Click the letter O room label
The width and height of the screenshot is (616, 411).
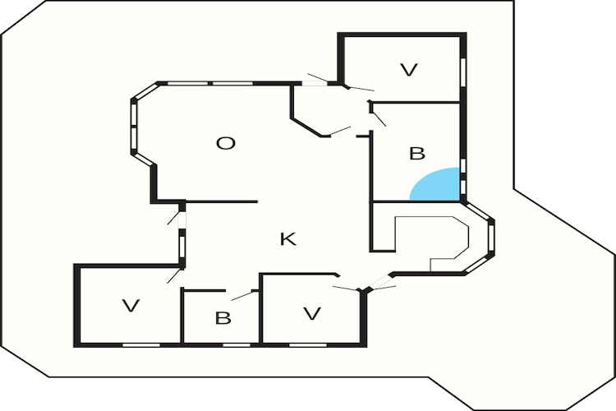[x=226, y=143]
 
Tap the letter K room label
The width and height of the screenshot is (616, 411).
[x=288, y=238]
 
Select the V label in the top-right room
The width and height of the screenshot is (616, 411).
[x=408, y=70]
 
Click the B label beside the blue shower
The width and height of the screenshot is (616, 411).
[x=417, y=154]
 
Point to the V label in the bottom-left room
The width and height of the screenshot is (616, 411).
[x=131, y=306]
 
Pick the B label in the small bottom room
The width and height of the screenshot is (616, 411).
[x=223, y=318]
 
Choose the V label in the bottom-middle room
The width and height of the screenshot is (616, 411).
[x=312, y=313]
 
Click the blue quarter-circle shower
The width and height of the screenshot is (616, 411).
[x=434, y=184]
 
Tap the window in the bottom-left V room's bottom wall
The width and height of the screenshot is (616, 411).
[x=141, y=345]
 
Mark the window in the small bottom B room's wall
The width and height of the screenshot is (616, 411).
[x=237, y=345]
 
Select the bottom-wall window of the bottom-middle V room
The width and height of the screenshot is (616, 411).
[x=308, y=345]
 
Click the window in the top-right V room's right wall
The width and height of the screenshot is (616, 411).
[x=463, y=72]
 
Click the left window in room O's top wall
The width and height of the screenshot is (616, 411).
[x=188, y=83]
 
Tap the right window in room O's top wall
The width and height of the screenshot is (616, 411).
[x=233, y=83]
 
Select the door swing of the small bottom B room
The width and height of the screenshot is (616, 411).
[x=241, y=295]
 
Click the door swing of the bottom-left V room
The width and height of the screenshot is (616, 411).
[x=174, y=275]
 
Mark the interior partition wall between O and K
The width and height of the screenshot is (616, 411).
[x=222, y=201]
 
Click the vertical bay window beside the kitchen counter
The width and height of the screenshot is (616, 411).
[x=491, y=238]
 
